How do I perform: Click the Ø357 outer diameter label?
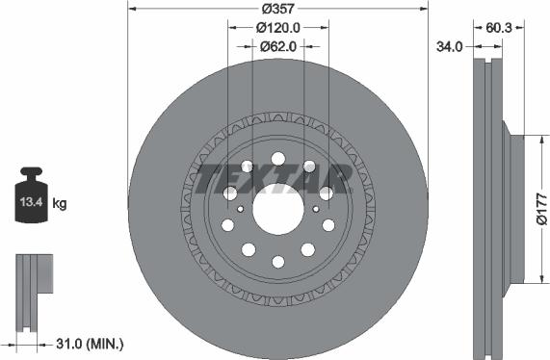coord(277,9)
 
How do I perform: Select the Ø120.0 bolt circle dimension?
coord(277,27)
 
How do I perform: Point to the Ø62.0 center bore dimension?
coord(277,45)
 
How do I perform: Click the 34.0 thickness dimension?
coord(449,45)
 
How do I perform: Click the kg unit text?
coord(60,203)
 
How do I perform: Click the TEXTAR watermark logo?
coord(274,178)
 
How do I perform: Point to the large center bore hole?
coord(277,207)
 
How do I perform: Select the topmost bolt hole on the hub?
coord(277,159)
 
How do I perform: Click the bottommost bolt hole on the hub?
coord(277,261)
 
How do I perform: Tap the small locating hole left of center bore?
coord(238,207)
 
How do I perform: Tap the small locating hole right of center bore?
coord(317,207)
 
